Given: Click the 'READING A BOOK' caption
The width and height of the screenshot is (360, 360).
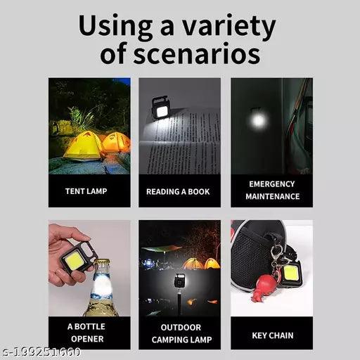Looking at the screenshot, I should click(178, 191).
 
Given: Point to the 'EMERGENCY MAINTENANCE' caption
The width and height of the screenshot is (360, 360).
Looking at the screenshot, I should click(271, 191).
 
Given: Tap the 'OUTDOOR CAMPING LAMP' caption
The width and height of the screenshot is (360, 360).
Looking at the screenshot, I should click(179, 333).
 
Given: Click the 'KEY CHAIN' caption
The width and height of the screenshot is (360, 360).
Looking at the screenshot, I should click(272, 335).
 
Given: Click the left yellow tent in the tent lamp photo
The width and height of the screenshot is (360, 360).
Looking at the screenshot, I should click(82, 146).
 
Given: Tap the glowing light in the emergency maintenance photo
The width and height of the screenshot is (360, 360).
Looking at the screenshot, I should click(258, 120).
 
